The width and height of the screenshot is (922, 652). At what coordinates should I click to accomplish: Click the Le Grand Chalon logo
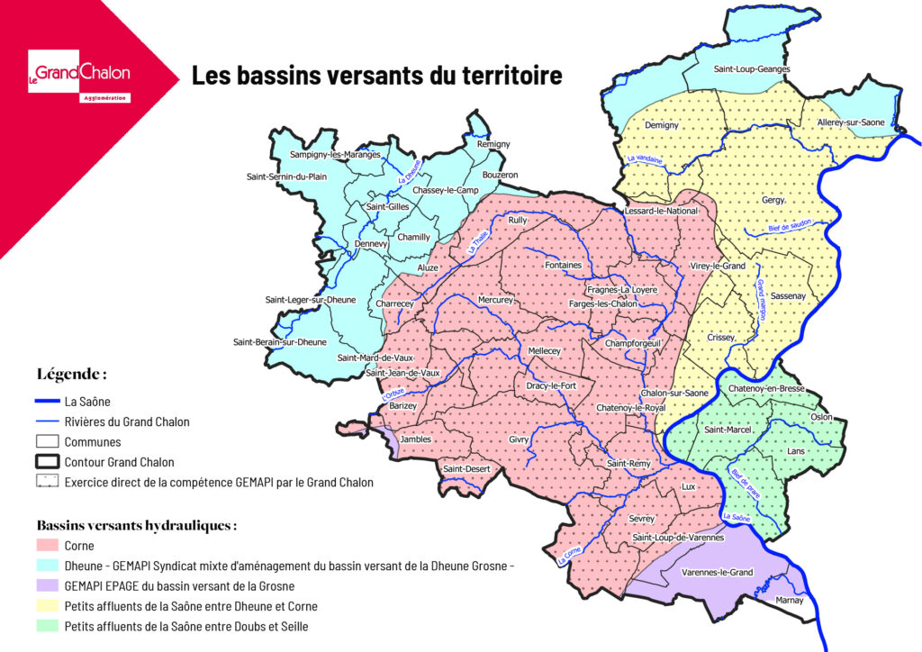(x=79, y=75)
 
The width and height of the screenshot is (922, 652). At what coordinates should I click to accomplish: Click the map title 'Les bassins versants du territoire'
(x=376, y=75)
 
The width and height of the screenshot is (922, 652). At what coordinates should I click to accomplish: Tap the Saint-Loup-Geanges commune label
(x=752, y=68)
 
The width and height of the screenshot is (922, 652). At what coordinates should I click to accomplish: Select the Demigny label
(x=662, y=125)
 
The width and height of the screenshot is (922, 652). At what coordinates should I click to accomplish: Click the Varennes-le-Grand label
(x=716, y=572)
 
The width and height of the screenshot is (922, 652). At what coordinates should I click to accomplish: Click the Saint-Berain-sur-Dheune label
(x=280, y=342)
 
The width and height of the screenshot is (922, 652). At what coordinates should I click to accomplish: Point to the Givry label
(x=520, y=439)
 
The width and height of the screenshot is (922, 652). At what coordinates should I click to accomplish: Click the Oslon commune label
(x=821, y=417)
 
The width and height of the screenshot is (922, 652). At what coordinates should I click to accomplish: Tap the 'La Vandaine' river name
(x=644, y=160)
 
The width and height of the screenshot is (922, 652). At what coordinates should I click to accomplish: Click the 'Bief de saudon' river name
(x=791, y=227)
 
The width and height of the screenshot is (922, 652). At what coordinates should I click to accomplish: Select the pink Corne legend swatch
(x=48, y=546)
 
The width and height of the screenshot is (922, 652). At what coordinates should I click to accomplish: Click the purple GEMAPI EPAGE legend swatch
(x=48, y=585)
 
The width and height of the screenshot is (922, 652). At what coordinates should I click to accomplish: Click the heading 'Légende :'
(x=73, y=373)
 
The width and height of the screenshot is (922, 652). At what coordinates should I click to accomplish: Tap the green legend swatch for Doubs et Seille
(x=48, y=626)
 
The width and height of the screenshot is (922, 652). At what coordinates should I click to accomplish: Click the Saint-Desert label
(x=466, y=468)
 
